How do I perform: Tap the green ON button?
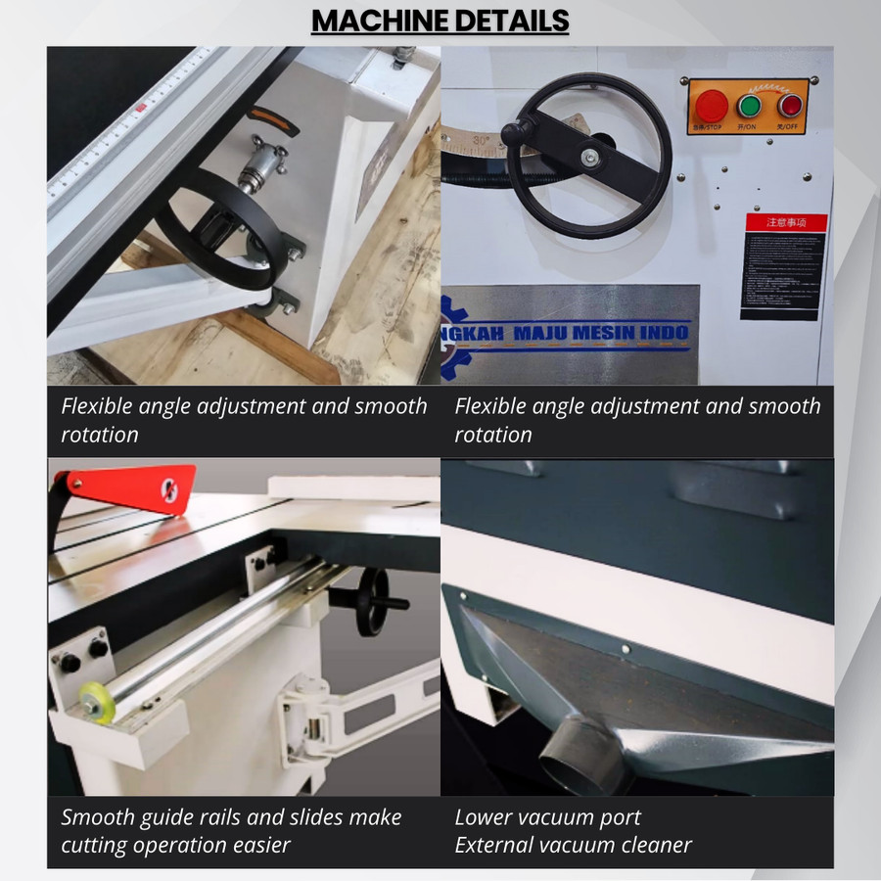point(751,106)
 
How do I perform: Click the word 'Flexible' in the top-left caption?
point(98,405)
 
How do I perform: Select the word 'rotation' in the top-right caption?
point(493,434)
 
